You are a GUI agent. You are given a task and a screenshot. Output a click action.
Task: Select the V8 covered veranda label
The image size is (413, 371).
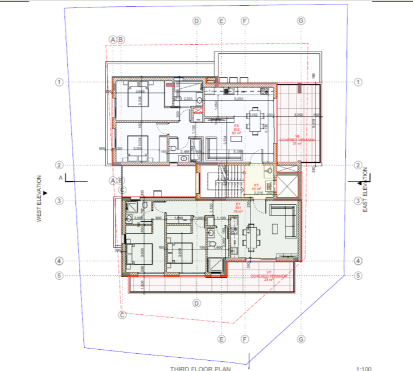[x=298, y=139]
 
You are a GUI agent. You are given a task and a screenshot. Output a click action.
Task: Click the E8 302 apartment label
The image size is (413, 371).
[x=236, y=129]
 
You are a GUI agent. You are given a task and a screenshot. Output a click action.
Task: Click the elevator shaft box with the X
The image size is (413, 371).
[x=288, y=185]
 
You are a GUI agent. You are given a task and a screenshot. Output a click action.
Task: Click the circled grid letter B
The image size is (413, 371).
[x=121, y=40]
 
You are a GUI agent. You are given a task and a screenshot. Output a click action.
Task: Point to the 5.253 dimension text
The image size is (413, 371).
[x=238, y=99]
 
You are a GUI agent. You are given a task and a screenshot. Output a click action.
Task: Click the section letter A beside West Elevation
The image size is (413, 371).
[x=60, y=178]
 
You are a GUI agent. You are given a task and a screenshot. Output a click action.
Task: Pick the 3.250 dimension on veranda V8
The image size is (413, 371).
[x=298, y=115]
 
